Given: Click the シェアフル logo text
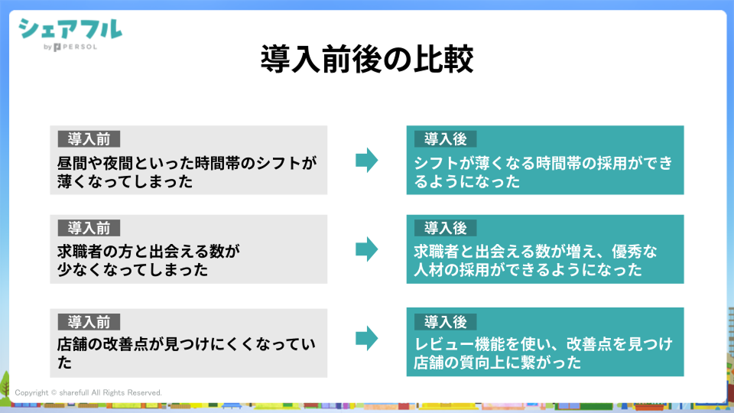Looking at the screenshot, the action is (70, 30).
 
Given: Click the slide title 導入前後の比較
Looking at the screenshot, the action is (366, 59).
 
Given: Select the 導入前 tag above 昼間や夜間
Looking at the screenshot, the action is (89, 139).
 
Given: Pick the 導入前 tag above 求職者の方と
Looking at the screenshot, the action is (89, 228).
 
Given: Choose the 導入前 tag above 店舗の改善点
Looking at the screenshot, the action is (89, 322).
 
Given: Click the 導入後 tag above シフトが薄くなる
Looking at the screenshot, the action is (446, 139).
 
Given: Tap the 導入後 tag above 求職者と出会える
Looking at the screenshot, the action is (446, 228).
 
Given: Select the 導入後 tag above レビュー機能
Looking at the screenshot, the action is (446, 322).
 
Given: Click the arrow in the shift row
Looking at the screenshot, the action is (366, 160).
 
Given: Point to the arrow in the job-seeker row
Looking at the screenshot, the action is (366, 249).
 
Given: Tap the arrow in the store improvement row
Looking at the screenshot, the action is (366, 338).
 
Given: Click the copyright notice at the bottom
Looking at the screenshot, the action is (88, 392).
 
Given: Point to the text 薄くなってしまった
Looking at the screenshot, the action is (125, 181).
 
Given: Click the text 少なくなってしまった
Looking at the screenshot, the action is (132, 270).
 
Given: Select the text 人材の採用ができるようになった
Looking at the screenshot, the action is (528, 270).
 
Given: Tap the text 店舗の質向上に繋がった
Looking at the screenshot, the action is (497, 363).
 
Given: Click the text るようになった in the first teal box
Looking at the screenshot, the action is (466, 181).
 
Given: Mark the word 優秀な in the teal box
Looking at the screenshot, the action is (635, 252).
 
